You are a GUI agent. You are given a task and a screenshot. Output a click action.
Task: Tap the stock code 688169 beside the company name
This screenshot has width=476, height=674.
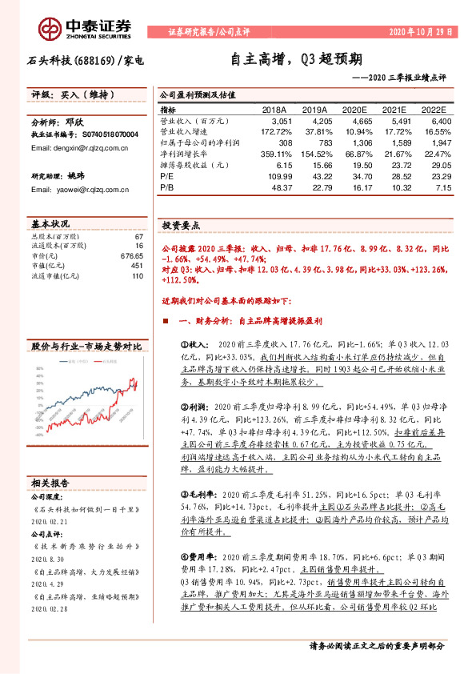tap(96, 60)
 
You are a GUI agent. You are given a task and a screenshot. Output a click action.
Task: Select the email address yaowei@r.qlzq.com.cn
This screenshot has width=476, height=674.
tap(73, 189)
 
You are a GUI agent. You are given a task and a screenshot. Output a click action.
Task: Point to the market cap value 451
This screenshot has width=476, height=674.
tap(137, 265)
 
